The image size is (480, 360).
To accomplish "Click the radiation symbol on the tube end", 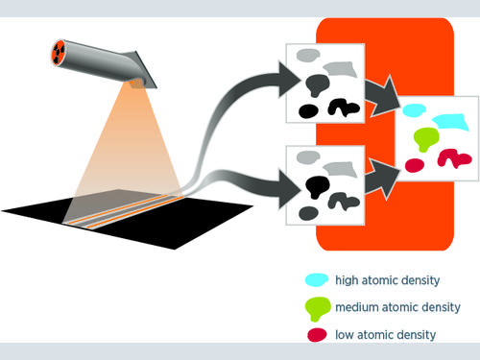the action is coord(59,53).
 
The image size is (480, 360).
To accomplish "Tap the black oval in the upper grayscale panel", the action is coord(308,111).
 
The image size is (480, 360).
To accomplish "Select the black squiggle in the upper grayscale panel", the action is coord(344,108).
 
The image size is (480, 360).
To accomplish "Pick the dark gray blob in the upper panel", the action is coord(318,84).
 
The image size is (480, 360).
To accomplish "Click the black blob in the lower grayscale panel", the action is coord(317,186).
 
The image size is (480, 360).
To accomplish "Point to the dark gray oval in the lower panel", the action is coord(308,213).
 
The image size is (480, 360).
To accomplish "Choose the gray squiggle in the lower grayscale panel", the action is coord(344,202).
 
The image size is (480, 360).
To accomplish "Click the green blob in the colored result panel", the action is coord(426,138).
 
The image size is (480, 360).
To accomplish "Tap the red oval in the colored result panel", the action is coord(415,165).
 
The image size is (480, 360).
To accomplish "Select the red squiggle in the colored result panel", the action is coord(454,157).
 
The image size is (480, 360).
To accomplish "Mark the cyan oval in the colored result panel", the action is coord(414,110).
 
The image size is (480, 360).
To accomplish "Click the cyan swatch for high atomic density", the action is coord(317,279).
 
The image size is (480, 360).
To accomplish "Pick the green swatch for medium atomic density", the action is coord(318,308).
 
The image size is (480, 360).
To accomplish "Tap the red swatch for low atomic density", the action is coord(317,335).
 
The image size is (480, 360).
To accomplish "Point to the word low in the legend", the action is coord(345,335).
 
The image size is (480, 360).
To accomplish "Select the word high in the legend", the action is coord(347,280).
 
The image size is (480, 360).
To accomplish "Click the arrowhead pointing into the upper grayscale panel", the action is coord(290,80).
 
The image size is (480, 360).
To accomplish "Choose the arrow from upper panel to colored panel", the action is coord(383,95).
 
